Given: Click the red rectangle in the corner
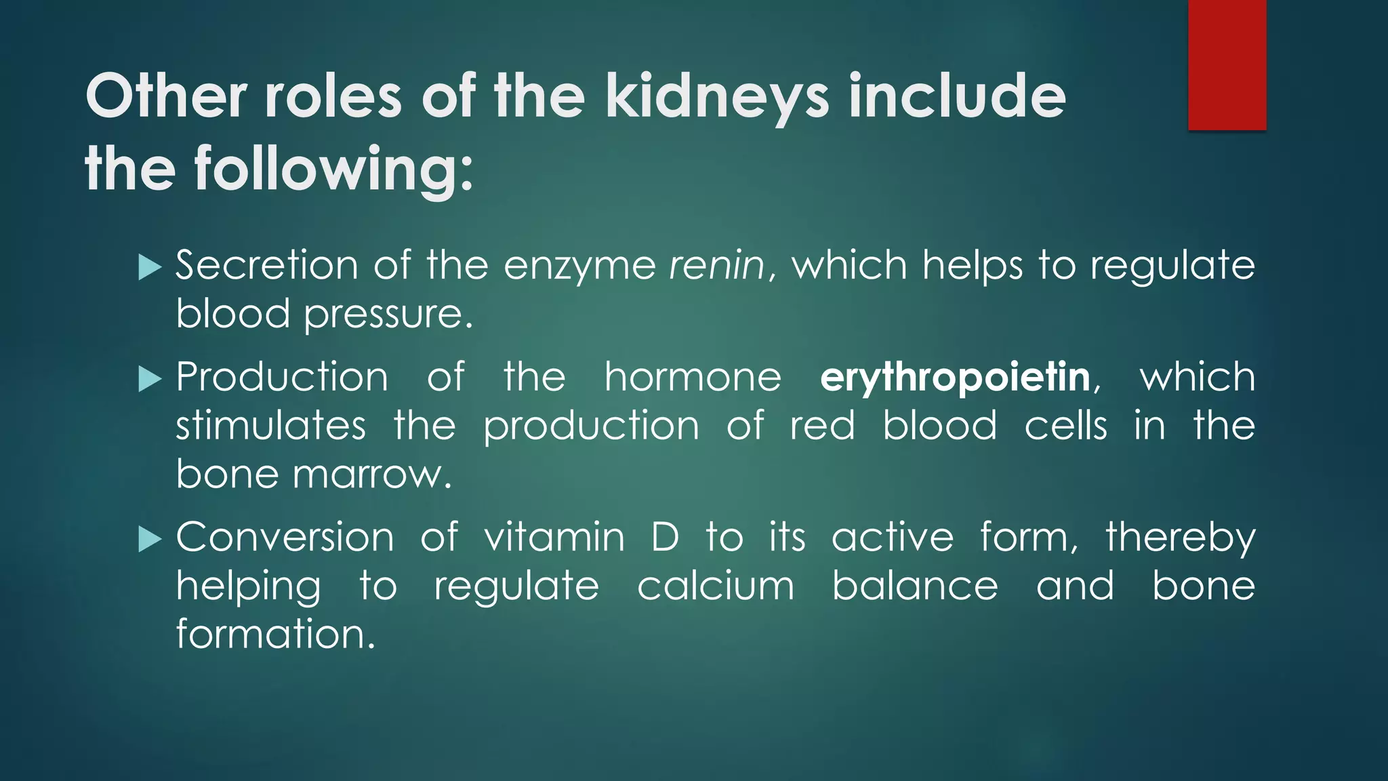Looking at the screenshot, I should click(1227, 64).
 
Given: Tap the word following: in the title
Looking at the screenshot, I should click(333, 169).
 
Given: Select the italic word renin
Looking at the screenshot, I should click(717, 265).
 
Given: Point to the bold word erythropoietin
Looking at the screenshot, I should click(955, 377).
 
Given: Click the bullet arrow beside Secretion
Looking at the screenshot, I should click(149, 267).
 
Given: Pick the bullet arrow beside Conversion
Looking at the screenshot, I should click(149, 540).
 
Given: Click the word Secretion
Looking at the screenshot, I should click(266, 265).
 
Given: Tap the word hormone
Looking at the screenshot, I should click(693, 377).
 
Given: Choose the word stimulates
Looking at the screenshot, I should click(271, 426).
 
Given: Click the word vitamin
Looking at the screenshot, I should click(554, 538).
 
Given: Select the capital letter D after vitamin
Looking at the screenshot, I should click(665, 538).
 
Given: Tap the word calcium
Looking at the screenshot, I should click(716, 586).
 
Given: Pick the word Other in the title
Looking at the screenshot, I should click(166, 97).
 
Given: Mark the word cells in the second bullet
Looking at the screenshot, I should click(1065, 426).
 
